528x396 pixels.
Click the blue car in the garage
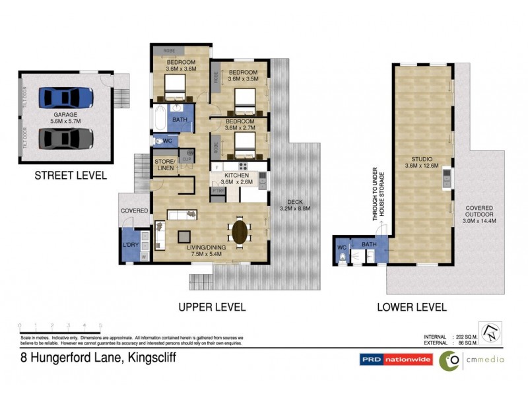point(66,98)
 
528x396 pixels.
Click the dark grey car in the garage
point(66,139)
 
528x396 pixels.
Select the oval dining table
point(240,232)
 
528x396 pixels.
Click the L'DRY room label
point(131,245)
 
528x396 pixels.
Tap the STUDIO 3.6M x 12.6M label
point(422,162)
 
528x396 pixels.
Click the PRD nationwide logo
point(395,359)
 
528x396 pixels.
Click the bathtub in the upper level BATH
point(160,119)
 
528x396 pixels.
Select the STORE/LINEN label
point(165,165)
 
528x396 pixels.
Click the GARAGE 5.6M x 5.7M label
point(66,118)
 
